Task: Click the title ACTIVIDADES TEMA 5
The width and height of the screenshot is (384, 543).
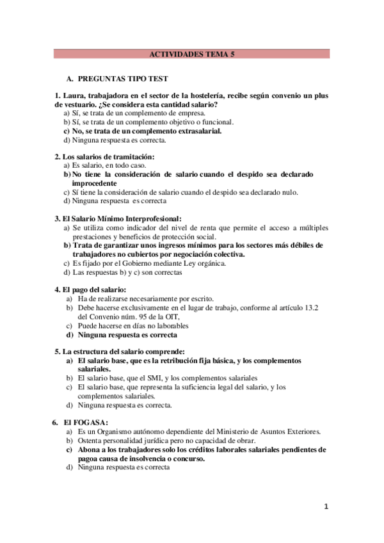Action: click(x=191, y=55)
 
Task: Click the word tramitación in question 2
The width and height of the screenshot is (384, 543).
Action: click(x=132, y=157)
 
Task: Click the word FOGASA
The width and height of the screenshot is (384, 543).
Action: click(x=91, y=423)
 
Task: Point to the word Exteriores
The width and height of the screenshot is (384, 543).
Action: click(x=300, y=432)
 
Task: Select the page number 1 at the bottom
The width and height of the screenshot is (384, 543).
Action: click(x=326, y=507)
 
